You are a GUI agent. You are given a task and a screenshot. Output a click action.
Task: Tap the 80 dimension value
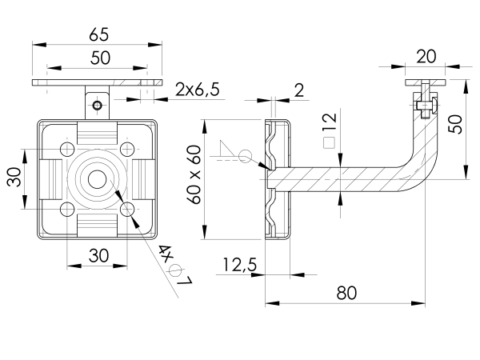346,293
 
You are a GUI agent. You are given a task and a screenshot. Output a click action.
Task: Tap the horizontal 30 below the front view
98,256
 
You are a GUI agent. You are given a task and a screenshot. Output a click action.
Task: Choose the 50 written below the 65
99,58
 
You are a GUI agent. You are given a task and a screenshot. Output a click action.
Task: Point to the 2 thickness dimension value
298,90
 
